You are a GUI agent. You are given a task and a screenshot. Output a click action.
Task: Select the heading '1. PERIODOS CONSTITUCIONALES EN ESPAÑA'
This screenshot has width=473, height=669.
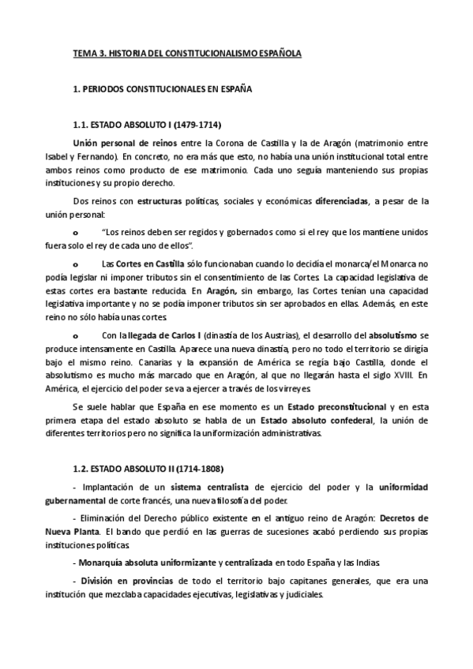(x=162, y=90)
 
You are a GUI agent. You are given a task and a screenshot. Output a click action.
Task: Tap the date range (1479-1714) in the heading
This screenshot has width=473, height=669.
(x=193, y=125)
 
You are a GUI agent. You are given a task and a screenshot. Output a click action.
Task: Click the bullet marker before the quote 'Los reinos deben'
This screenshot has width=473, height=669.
(x=75, y=233)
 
